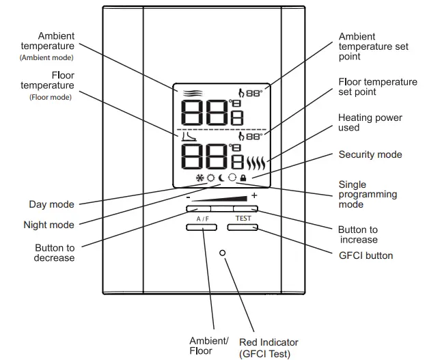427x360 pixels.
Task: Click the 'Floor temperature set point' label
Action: [x=378, y=87]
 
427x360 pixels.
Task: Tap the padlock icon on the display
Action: [x=243, y=179]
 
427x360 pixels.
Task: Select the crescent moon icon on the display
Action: [x=221, y=179]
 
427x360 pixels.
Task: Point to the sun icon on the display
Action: [x=211, y=179]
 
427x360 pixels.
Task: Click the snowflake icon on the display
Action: [x=200, y=179]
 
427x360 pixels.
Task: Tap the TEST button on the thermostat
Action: [x=243, y=226]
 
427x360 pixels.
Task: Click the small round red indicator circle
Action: [x=223, y=253]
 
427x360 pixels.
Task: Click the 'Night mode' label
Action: [x=49, y=225]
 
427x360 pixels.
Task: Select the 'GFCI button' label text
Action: [x=366, y=255]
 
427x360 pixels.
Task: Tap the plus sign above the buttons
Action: [x=254, y=196]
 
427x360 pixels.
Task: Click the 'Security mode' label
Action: [x=370, y=155]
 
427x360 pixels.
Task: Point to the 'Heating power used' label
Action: [x=370, y=122]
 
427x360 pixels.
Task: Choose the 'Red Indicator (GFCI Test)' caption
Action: [x=268, y=348]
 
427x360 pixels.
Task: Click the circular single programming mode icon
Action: [x=232, y=179]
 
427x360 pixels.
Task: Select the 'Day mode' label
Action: [x=51, y=204]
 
